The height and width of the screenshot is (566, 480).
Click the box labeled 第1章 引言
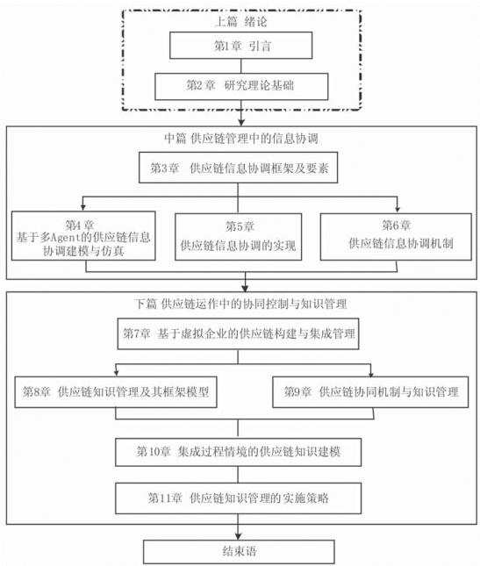(x=241, y=45)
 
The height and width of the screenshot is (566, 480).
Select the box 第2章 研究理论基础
(x=241, y=86)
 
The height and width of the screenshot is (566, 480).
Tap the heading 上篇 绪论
(x=241, y=22)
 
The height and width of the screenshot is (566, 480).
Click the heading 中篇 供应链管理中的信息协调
(x=241, y=139)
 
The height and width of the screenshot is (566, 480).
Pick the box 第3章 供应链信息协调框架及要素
(x=238, y=168)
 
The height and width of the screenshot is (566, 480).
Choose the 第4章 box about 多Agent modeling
(x=83, y=236)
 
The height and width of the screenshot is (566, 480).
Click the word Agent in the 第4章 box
(x=62, y=238)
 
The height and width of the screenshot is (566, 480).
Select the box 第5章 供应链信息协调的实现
(x=238, y=237)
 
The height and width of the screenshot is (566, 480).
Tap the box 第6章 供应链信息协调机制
(x=396, y=236)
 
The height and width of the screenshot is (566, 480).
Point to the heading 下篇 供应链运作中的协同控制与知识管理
(x=240, y=304)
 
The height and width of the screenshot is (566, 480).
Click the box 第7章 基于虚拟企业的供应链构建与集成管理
(x=238, y=333)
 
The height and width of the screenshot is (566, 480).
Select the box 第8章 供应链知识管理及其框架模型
(x=116, y=392)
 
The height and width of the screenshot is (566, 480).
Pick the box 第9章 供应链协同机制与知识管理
(x=370, y=392)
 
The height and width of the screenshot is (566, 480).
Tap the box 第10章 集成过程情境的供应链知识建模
(x=238, y=452)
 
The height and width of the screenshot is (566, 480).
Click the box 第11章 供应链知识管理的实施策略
(x=238, y=498)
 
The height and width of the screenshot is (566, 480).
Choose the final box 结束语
(x=239, y=552)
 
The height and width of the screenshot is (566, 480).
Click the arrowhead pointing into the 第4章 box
(x=83, y=208)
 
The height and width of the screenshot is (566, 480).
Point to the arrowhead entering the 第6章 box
(x=398, y=209)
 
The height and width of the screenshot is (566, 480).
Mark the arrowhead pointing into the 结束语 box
(x=238, y=535)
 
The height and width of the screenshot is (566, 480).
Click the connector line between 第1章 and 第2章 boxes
(x=241, y=66)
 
